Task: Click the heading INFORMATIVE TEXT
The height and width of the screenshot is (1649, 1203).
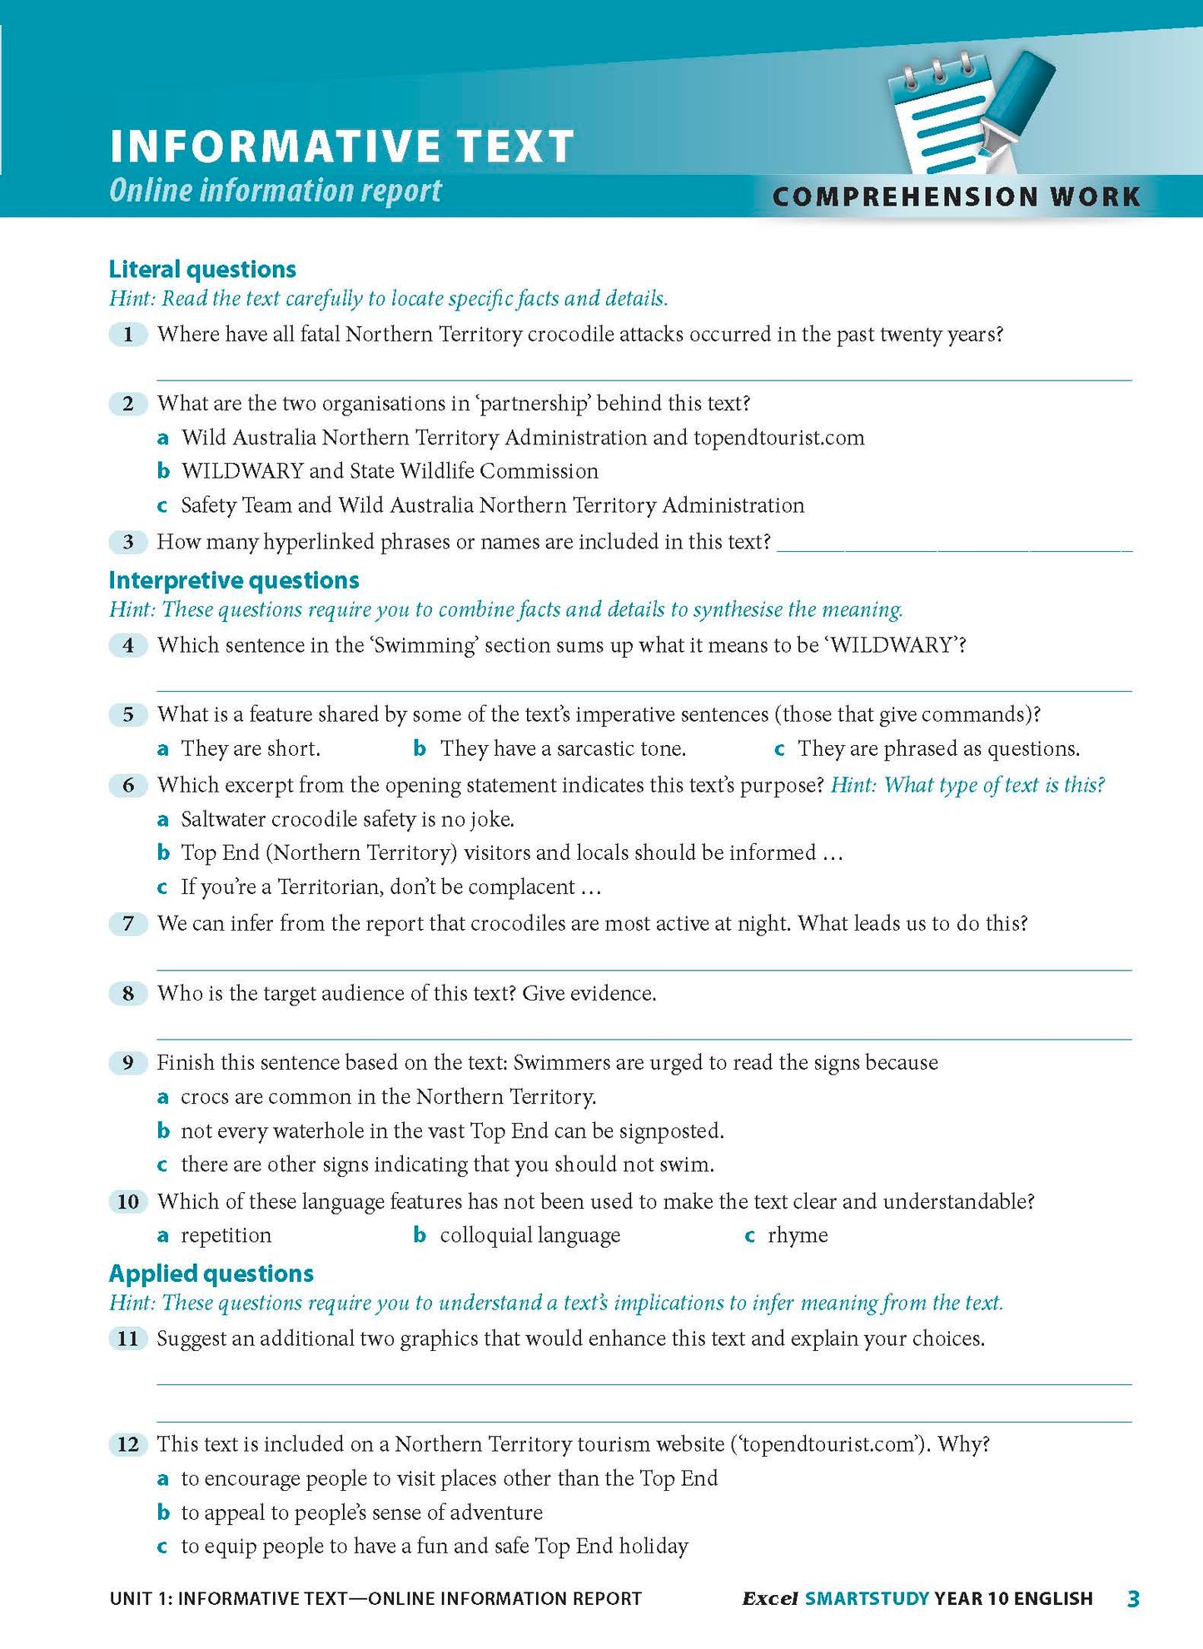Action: click(341, 147)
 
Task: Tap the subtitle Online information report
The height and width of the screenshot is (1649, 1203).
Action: click(275, 191)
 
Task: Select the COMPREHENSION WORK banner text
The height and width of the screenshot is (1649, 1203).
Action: click(956, 197)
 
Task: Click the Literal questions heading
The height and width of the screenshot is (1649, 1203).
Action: click(202, 269)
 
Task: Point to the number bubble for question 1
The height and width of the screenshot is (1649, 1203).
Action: click(127, 335)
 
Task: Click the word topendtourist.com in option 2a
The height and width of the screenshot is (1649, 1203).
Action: click(778, 438)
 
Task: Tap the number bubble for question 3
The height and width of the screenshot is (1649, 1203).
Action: click(127, 542)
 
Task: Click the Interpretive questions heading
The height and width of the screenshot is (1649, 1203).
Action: click(234, 580)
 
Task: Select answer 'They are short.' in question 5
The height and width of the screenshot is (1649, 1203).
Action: click(250, 748)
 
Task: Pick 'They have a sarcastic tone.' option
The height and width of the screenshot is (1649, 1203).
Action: click(562, 748)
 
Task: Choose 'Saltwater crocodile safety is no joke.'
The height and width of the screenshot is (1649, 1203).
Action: click(347, 819)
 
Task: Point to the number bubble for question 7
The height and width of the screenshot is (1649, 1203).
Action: click(127, 923)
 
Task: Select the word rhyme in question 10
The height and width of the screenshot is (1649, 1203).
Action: click(797, 1235)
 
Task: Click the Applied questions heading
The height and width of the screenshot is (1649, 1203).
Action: click(211, 1274)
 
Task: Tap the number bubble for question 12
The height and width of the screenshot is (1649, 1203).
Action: click(127, 1444)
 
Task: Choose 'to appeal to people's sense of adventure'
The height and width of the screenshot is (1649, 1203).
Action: click(361, 1512)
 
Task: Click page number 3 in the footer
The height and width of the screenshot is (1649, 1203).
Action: click(1132, 1598)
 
